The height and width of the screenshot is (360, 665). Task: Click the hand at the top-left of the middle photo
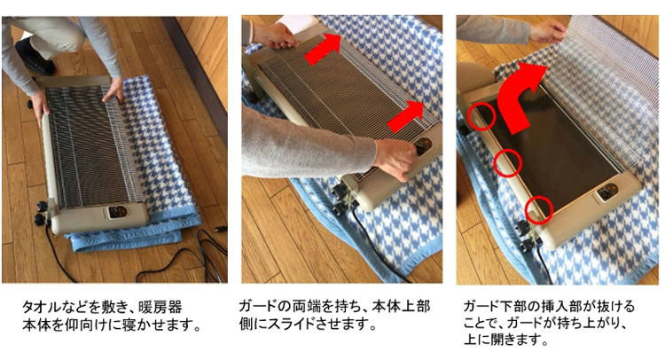click(272, 35)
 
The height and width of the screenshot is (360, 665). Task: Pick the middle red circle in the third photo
click(507, 161)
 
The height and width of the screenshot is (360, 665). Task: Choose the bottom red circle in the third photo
click(538, 209)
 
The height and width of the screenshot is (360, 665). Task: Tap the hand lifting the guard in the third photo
click(548, 32)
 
